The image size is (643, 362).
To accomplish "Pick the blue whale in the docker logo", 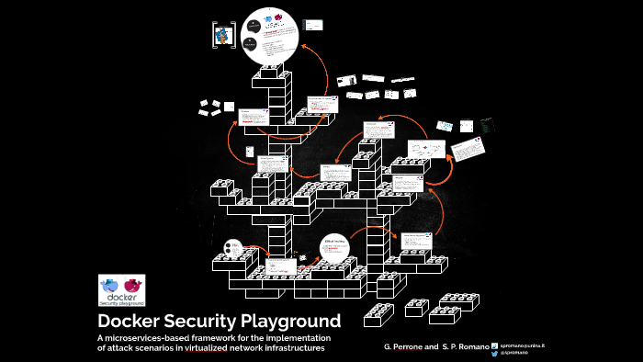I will point(113,285).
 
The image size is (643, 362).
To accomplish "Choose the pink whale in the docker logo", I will point(134,284).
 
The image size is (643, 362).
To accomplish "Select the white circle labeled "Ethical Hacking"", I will point(333,245).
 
